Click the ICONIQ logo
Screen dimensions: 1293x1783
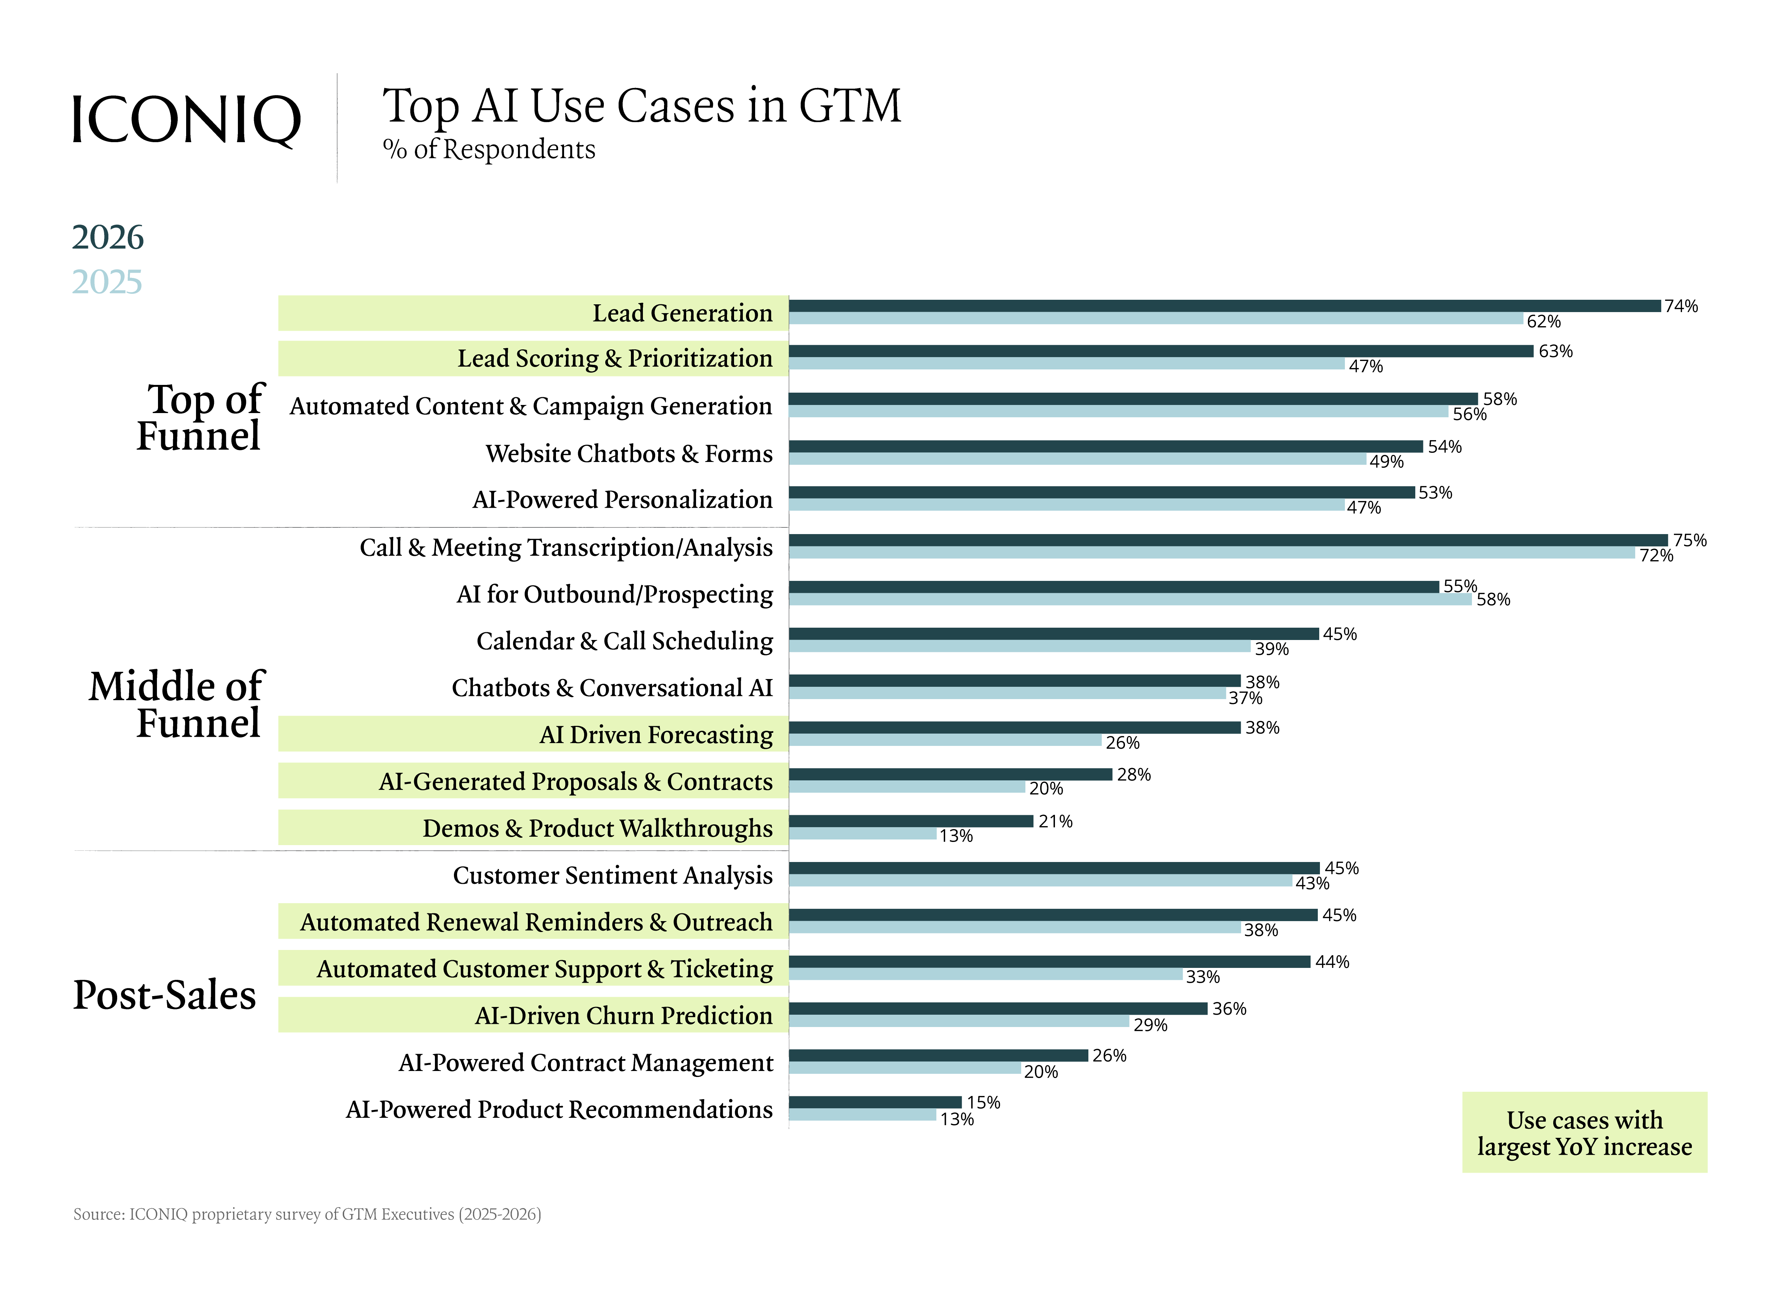tap(186, 120)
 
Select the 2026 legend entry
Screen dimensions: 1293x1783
tap(108, 237)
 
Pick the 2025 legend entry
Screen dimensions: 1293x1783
tap(107, 281)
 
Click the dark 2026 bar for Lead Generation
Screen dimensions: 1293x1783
tap(1224, 306)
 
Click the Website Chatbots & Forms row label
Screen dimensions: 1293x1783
tap(629, 454)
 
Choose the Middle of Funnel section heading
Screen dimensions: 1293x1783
tap(177, 704)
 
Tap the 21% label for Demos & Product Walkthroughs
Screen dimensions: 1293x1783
tap(1055, 822)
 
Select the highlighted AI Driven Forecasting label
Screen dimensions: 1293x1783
tap(656, 734)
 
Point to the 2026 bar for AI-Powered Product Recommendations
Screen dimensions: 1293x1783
tap(875, 1102)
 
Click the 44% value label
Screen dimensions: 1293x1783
tap(1332, 962)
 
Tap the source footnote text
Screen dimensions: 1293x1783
tap(306, 1215)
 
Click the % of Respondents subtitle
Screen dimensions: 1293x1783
tap(489, 149)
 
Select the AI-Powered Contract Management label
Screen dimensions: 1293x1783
tap(586, 1063)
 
